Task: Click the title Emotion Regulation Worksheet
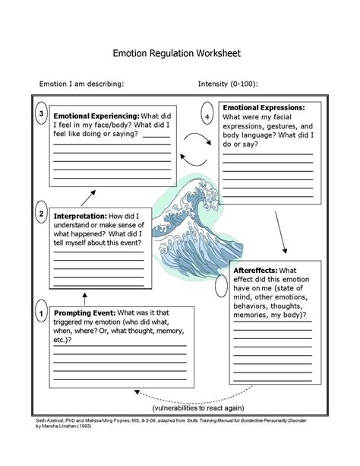(x=176, y=54)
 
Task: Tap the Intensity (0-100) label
(x=227, y=84)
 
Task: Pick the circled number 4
(x=207, y=116)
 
